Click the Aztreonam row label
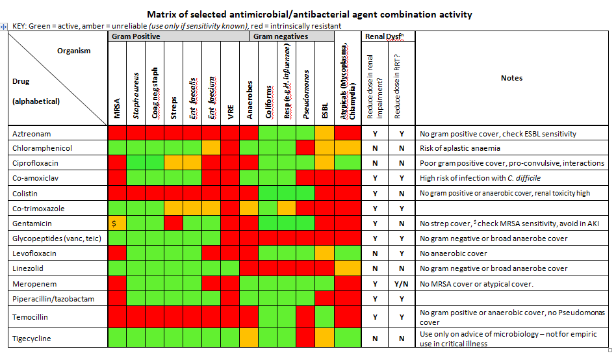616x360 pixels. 31,133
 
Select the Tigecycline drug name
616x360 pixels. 31,339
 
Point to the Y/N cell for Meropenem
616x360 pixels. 401,284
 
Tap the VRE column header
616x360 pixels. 231,110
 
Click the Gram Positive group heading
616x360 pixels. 136,36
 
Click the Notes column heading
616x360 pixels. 511,78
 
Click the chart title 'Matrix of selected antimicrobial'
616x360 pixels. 309,14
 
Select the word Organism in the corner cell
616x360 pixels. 73,51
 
